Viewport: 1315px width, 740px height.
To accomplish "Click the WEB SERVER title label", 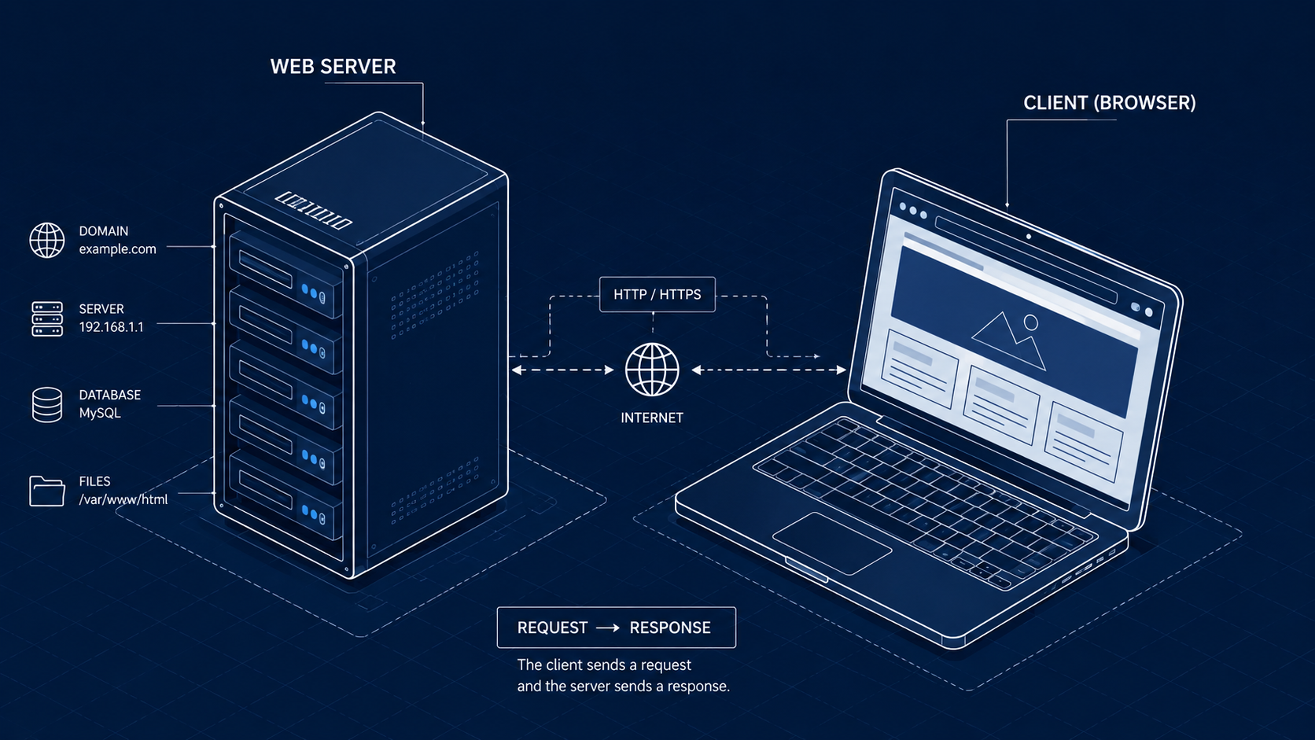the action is [x=333, y=66].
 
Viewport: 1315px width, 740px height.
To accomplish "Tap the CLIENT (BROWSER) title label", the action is [x=1110, y=103].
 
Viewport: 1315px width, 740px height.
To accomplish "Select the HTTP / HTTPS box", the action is [x=657, y=294].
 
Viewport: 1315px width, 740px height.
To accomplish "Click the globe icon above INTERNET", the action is [x=652, y=370].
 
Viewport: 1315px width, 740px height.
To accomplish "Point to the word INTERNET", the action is [x=652, y=418].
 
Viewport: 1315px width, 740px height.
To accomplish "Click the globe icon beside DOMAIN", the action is [x=47, y=240].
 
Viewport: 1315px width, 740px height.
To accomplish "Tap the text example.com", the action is [x=117, y=249].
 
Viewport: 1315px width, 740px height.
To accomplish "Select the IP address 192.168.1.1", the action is [x=111, y=327].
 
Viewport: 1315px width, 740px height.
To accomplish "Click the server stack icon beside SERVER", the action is [x=47, y=318].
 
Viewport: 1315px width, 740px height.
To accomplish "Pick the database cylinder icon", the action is [x=47, y=405].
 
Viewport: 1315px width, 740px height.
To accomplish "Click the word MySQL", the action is [x=100, y=413].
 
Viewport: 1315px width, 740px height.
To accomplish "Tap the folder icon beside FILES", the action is [x=47, y=491].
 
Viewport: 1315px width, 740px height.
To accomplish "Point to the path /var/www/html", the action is [x=123, y=499].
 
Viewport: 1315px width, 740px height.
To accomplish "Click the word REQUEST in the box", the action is [x=552, y=628].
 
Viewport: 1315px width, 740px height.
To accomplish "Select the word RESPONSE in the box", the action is [x=670, y=628].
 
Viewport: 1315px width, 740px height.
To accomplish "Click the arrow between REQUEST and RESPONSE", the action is [x=608, y=628].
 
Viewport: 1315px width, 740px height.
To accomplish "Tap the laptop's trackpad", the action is [x=832, y=543].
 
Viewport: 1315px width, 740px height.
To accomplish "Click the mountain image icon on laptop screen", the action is [x=1008, y=341].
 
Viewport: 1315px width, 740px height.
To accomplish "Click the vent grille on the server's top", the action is [x=314, y=209].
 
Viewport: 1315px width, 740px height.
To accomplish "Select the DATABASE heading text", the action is [x=110, y=395].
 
